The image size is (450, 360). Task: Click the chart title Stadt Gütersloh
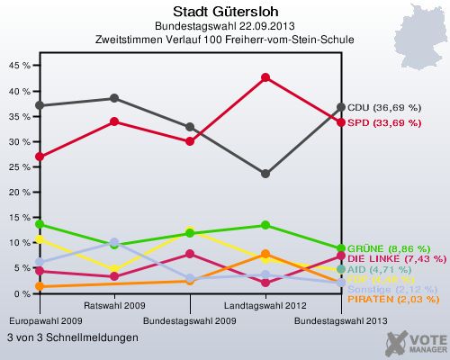pyautogui.click(x=225, y=12)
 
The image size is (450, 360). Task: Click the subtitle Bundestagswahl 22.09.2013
pyautogui.click(x=225, y=26)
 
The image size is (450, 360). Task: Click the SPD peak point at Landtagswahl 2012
pyautogui.click(x=265, y=77)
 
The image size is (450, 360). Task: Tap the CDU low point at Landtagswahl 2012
pyautogui.click(x=265, y=174)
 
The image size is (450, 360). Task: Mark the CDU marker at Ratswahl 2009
pyautogui.click(x=114, y=98)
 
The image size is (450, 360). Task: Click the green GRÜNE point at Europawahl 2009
pyautogui.click(x=39, y=224)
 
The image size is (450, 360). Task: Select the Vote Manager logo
pyautogui.click(x=416, y=343)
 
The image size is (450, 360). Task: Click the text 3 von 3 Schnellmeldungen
pyautogui.click(x=72, y=337)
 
